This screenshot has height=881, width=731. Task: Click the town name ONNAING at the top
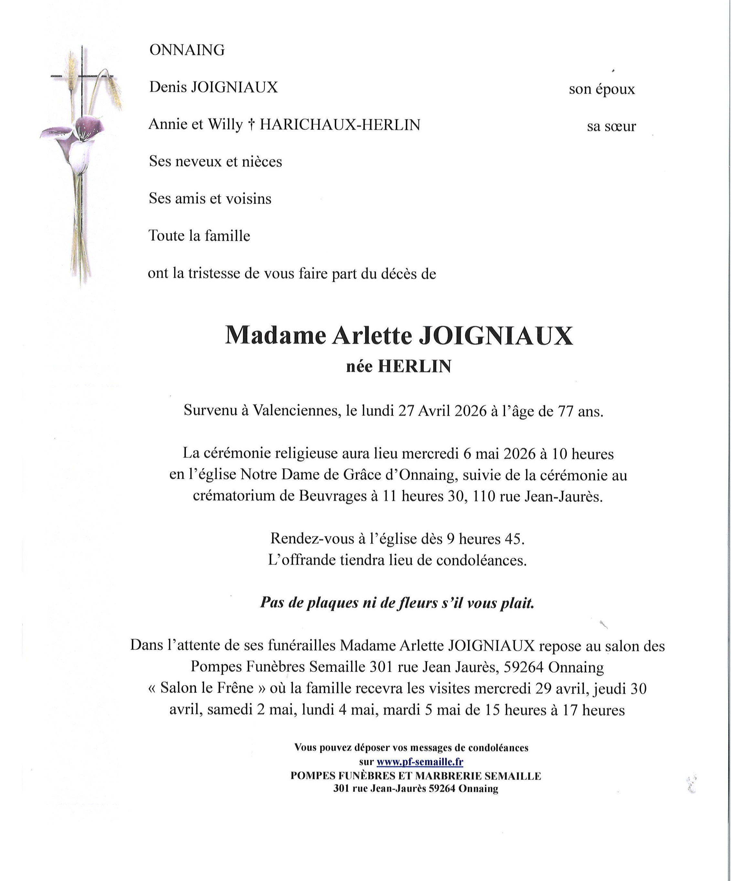tap(187, 50)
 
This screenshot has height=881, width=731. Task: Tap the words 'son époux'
tap(602, 89)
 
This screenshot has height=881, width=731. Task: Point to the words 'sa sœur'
tap(611, 126)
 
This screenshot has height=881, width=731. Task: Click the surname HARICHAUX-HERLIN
tap(340, 125)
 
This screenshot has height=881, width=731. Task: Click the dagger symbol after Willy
tap(251, 125)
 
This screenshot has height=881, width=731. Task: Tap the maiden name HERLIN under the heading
tap(414, 367)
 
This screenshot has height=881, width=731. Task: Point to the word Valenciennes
tap(296, 411)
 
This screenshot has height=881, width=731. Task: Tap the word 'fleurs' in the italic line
tap(414, 603)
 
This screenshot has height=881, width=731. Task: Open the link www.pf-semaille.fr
tap(420, 762)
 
